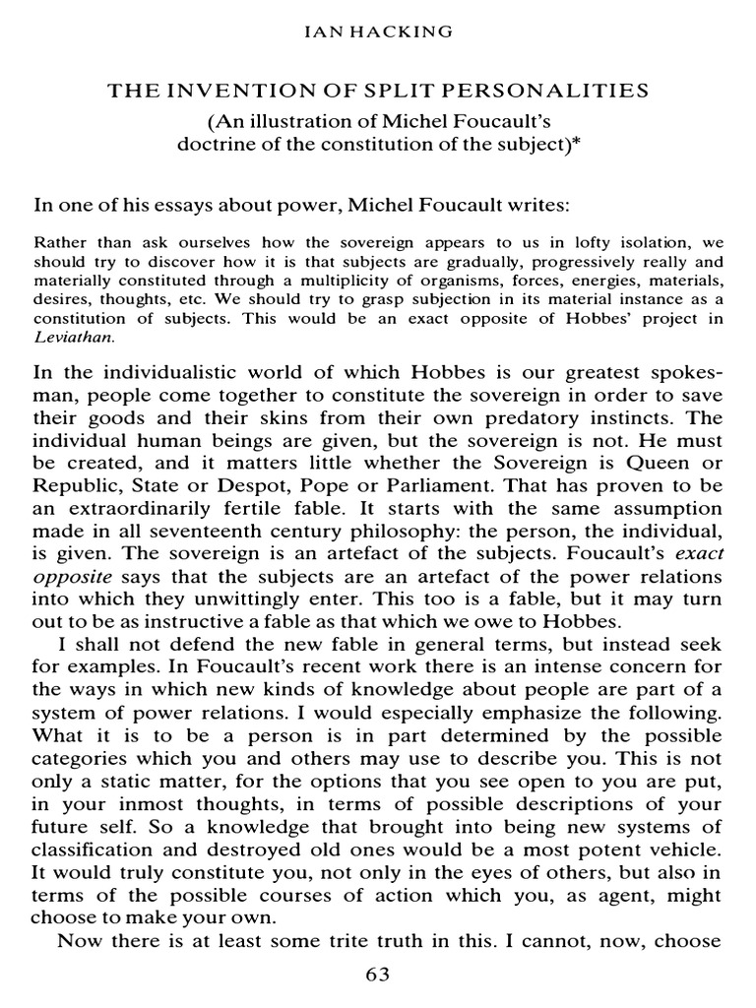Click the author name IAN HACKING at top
tap(377, 33)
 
